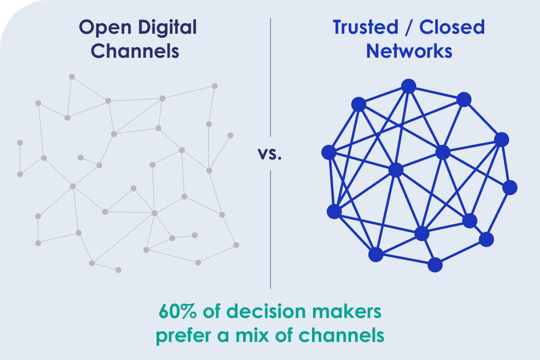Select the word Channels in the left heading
click(x=135, y=51)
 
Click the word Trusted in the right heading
click(x=365, y=27)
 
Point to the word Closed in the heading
click(x=452, y=27)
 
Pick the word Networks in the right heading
click(x=409, y=51)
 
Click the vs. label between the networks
click(x=270, y=155)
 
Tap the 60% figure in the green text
click(x=178, y=311)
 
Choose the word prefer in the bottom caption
click(x=183, y=335)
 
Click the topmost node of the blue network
click(x=409, y=86)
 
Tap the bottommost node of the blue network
click(x=435, y=265)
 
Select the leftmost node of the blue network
click(x=329, y=152)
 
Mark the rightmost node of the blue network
click(x=510, y=188)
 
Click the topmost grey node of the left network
click(x=72, y=77)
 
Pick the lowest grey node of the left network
click(x=118, y=270)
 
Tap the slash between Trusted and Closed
click(x=409, y=27)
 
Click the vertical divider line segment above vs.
click(x=270, y=77)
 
